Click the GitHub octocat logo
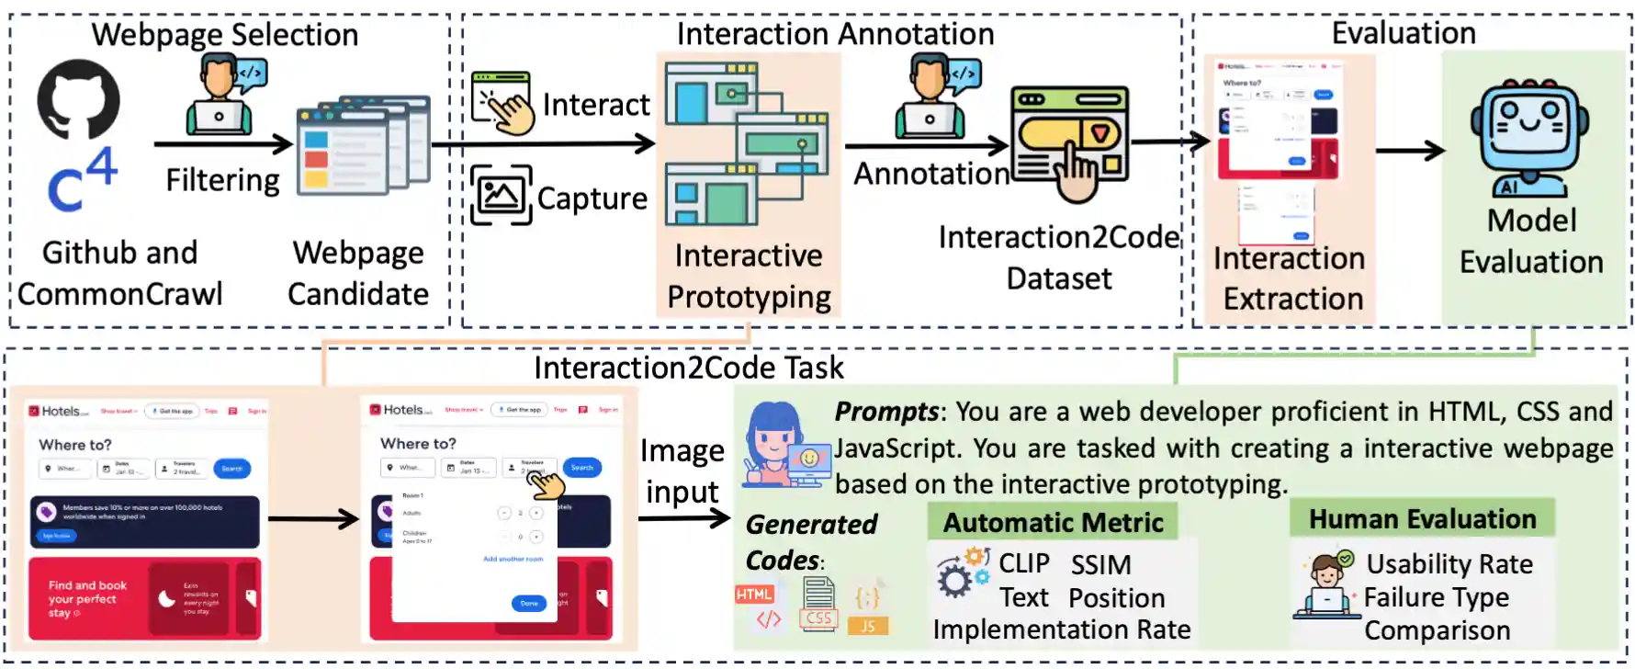(78, 99)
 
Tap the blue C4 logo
(83, 180)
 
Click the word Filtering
(222, 180)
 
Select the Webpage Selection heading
(225, 35)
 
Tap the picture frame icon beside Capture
(502, 195)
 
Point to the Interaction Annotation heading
(835, 34)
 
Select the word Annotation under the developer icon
(931, 174)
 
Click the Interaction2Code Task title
(688, 368)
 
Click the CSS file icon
(817, 606)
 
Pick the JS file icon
(868, 611)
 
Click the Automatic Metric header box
(1053, 522)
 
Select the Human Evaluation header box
(1422, 519)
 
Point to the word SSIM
(1100, 564)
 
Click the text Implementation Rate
(1061, 629)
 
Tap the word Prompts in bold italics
(886, 412)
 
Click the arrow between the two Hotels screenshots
(312, 519)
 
